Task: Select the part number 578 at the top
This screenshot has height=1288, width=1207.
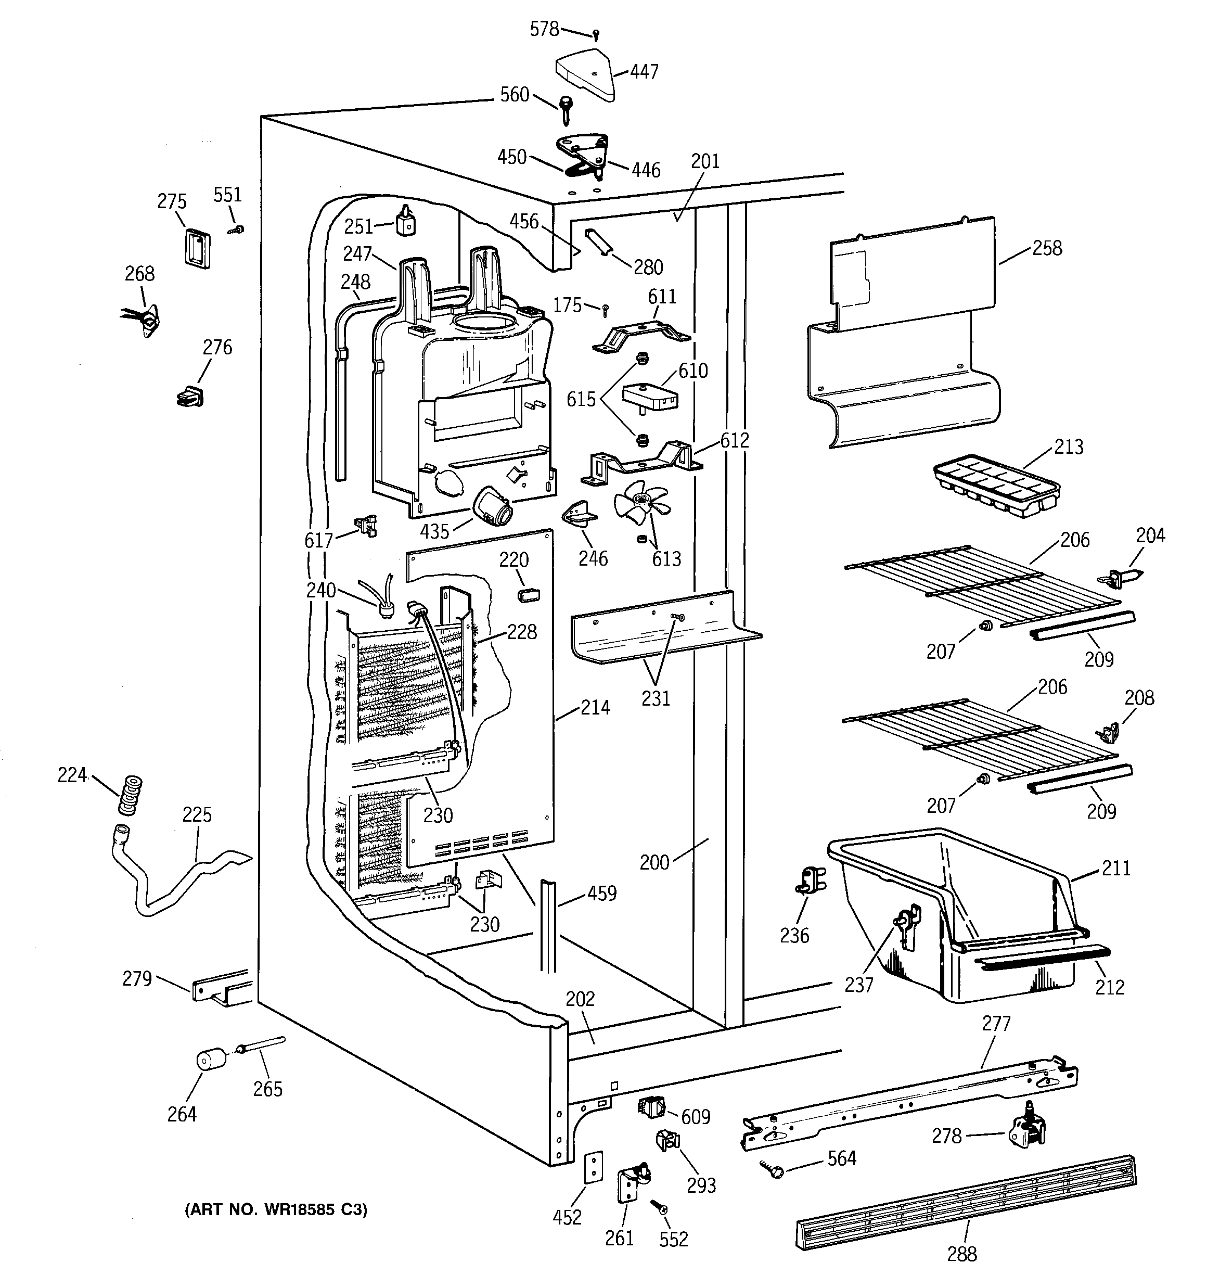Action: coord(544,29)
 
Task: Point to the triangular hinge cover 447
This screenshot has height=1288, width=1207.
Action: coord(584,74)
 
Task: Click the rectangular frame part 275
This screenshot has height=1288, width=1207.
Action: coord(196,248)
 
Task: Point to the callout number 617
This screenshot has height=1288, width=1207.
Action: coord(319,540)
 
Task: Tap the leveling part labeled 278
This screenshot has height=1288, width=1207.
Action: coord(1026,1127)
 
